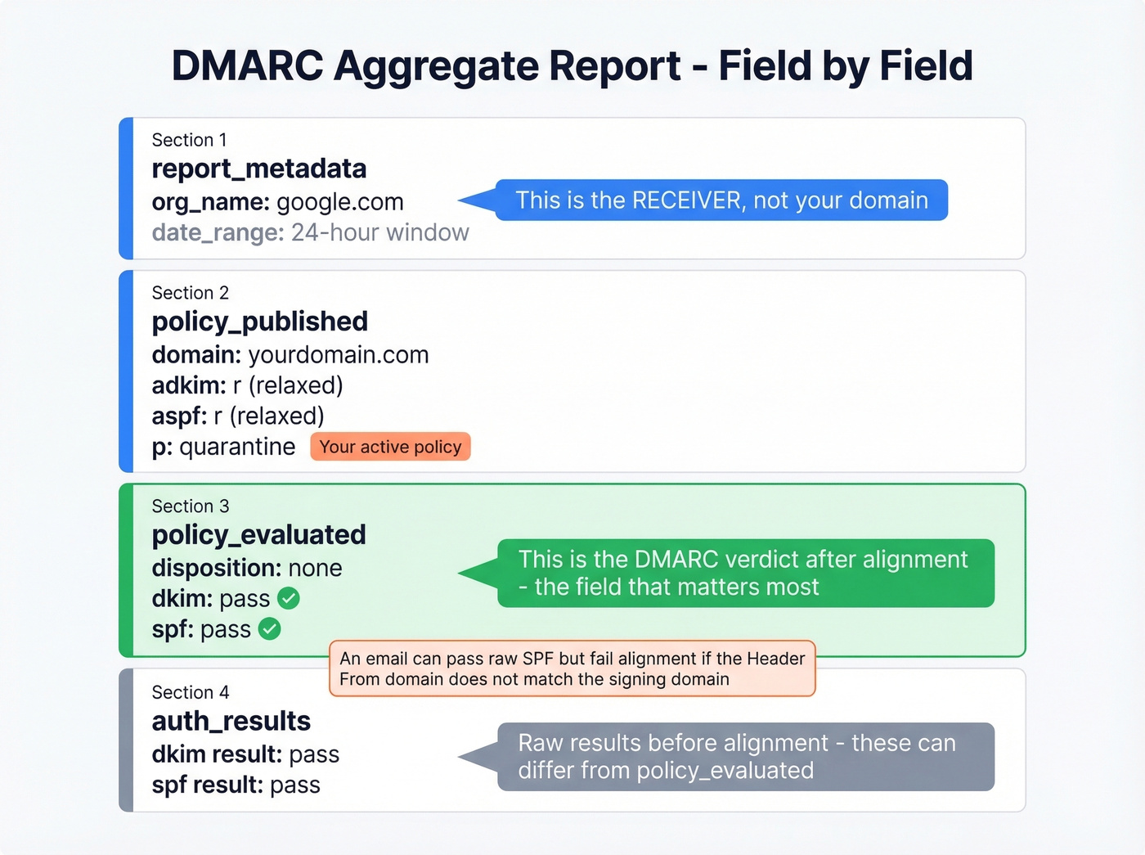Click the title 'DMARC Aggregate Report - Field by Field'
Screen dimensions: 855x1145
(572, 66)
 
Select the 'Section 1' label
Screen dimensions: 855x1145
(189, 140)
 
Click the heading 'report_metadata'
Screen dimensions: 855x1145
(258, 169)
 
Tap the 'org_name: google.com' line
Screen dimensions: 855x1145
(277, 202)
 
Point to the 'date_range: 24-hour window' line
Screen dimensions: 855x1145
(310, 233)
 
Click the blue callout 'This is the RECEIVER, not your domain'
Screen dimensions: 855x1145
(721, 200)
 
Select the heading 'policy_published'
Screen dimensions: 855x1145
(259, 322)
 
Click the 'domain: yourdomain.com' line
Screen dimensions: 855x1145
(290, 355)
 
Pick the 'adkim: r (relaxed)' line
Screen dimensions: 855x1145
(247, 385)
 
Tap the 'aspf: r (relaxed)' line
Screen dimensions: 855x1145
(238, 416)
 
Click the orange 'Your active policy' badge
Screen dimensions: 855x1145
(390, 447)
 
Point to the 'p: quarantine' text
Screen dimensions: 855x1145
(223, 447)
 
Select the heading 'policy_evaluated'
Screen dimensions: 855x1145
(258, 535)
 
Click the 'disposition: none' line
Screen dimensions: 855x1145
(246, 568)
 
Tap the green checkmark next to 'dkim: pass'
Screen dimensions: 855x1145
(289, 598)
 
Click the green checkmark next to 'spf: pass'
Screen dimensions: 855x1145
(270, 629)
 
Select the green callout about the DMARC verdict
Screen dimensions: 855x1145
(745, 573)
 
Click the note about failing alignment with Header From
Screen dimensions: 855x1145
(572, 668)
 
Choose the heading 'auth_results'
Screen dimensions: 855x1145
(231, 721)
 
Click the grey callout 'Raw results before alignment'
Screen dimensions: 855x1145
(745, 757)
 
